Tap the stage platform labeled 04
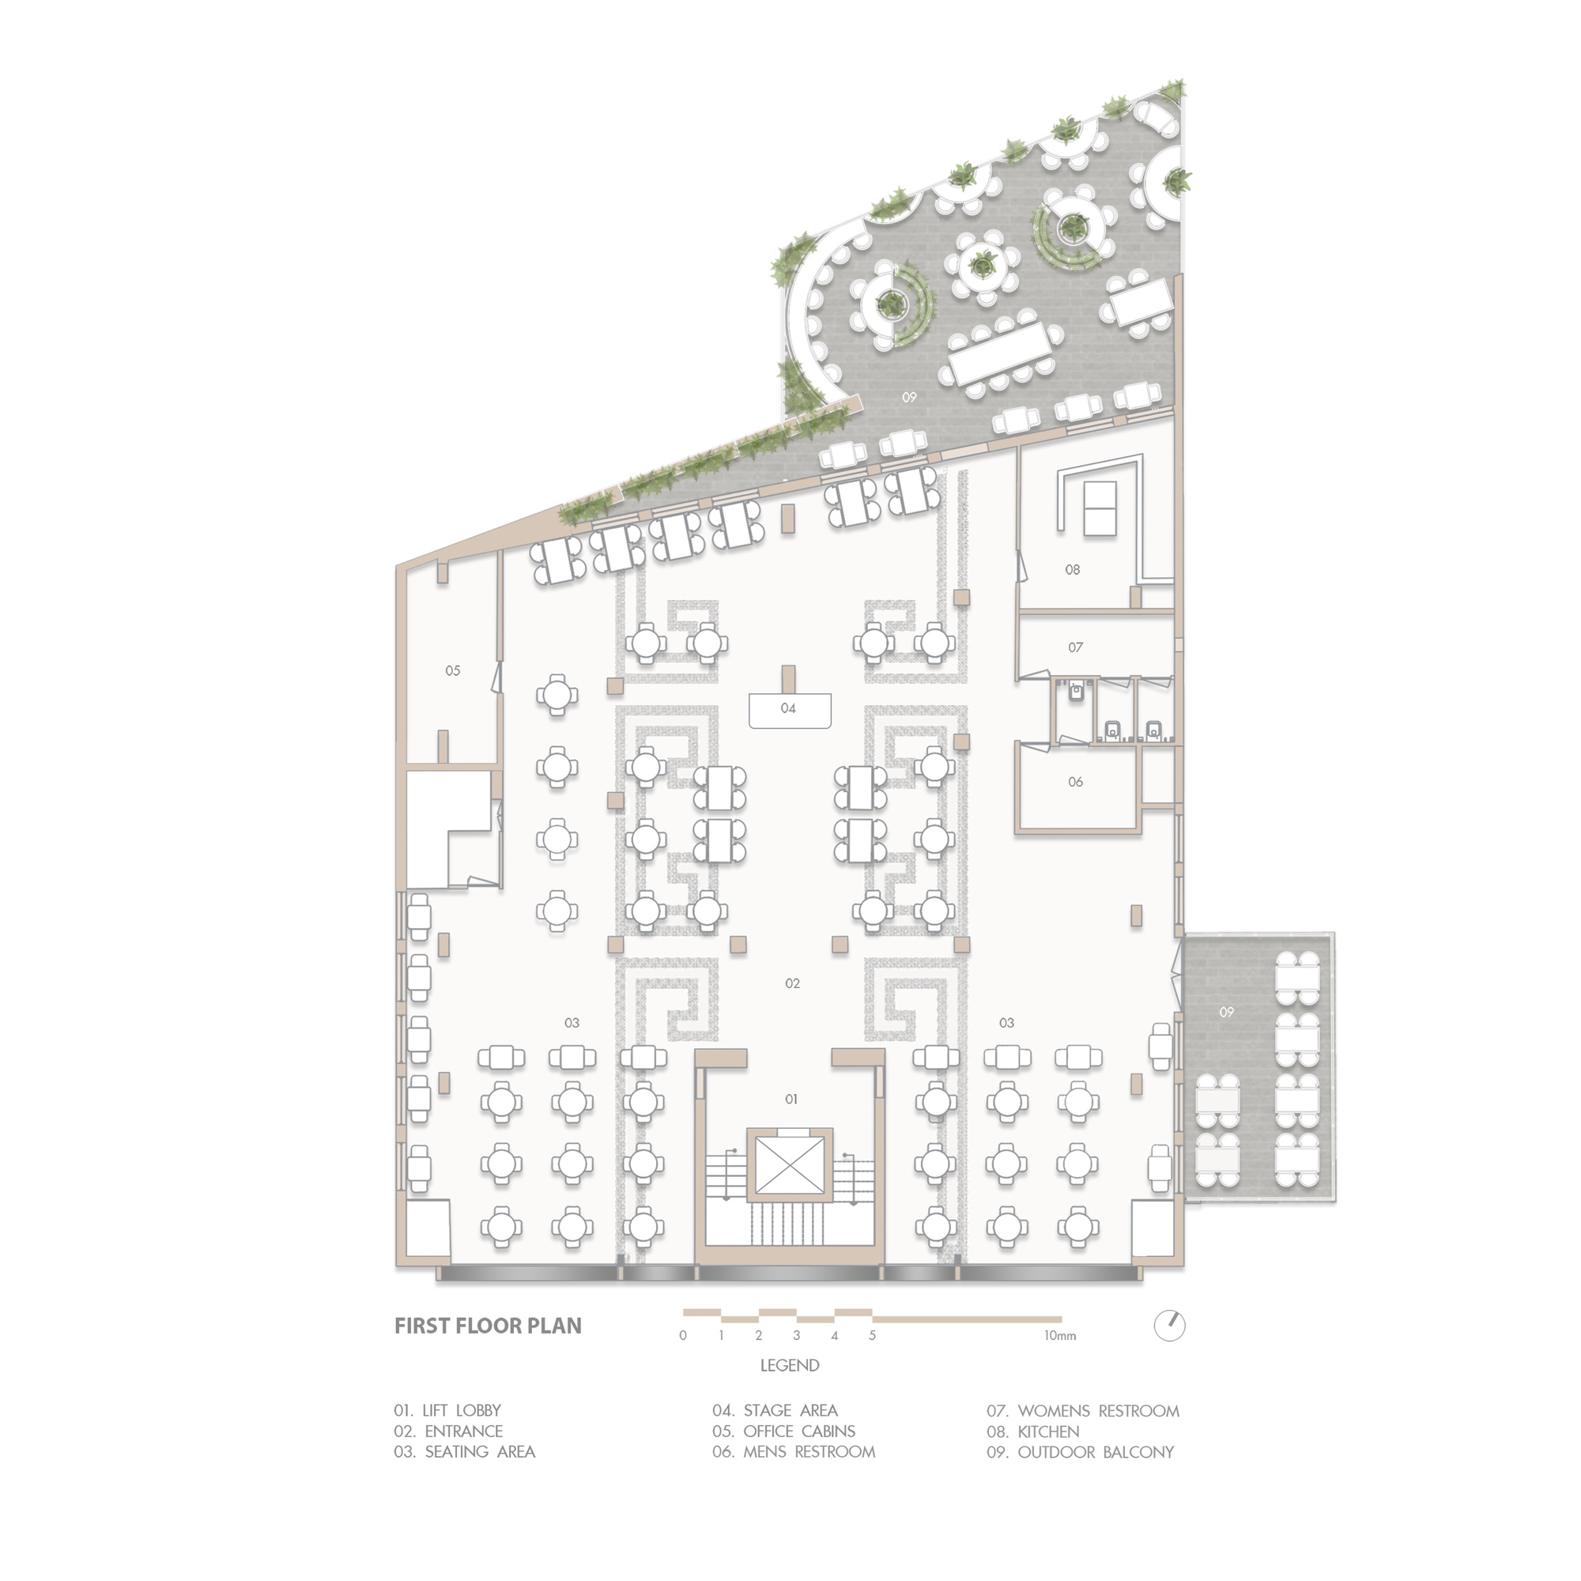tap(790, 710)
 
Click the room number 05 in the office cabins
tap(452, 671)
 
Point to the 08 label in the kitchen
tap(1072, 569)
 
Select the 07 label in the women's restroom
tap(1075, 647)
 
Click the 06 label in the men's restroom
tap(1075, 783)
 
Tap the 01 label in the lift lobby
tap(790, 1099)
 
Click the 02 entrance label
tap(792, 983)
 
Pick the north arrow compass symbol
tap(1169, 1325)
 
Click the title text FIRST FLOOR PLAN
tap(488, 1326)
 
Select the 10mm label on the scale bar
tap(1060, 1335)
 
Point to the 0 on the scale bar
tap(682, 1335)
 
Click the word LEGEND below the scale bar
tap(790, 1365)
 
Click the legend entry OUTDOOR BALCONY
tap(1080, 1451)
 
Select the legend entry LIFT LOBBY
tap(447, 1410)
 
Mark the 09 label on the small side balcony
tap(1226, 1013)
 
